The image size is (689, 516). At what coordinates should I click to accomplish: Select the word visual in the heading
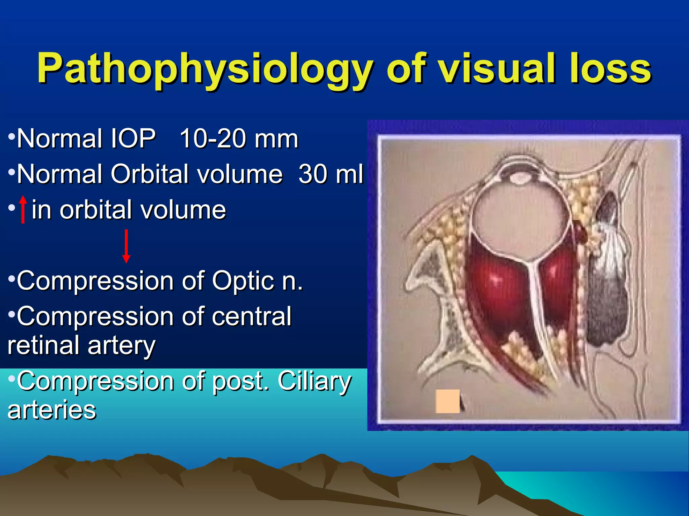click(498, 69)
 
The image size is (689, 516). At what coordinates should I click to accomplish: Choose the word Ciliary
click(314, 381)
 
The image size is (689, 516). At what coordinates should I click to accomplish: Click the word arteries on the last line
click(52, 410)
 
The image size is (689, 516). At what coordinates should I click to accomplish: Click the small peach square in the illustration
click(447, 401)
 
